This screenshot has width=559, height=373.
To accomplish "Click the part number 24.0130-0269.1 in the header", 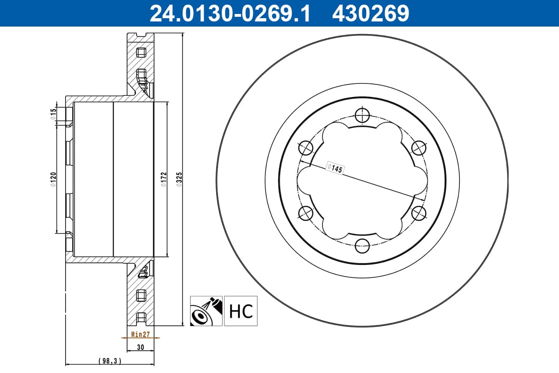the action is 230,14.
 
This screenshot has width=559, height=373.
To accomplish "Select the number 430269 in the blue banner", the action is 371,14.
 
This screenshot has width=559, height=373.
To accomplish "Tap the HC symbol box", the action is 240,311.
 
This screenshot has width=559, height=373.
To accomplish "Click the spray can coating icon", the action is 206,311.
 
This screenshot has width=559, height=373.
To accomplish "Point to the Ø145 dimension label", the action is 335,168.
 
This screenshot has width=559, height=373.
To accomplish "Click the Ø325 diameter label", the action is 179,180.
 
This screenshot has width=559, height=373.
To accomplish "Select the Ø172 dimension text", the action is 164,180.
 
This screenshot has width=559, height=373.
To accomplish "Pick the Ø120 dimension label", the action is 53,180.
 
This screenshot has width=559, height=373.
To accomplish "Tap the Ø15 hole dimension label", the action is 53,114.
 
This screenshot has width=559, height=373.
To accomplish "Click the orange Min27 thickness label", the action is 141,334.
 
